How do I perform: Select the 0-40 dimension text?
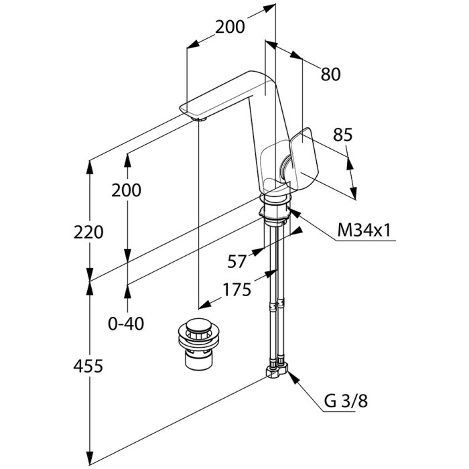click(x=126, y=324)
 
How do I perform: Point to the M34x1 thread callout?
click(x=364, y=231)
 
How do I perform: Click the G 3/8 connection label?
click(x=347, y=402)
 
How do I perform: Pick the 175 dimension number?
click(x=236, y=289)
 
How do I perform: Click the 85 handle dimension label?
click(x=342, y=135)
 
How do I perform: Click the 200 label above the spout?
click(x=229, y=27)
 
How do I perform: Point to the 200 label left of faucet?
click(x=127, y=190)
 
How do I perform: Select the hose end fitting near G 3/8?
click(x=277, y=371)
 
